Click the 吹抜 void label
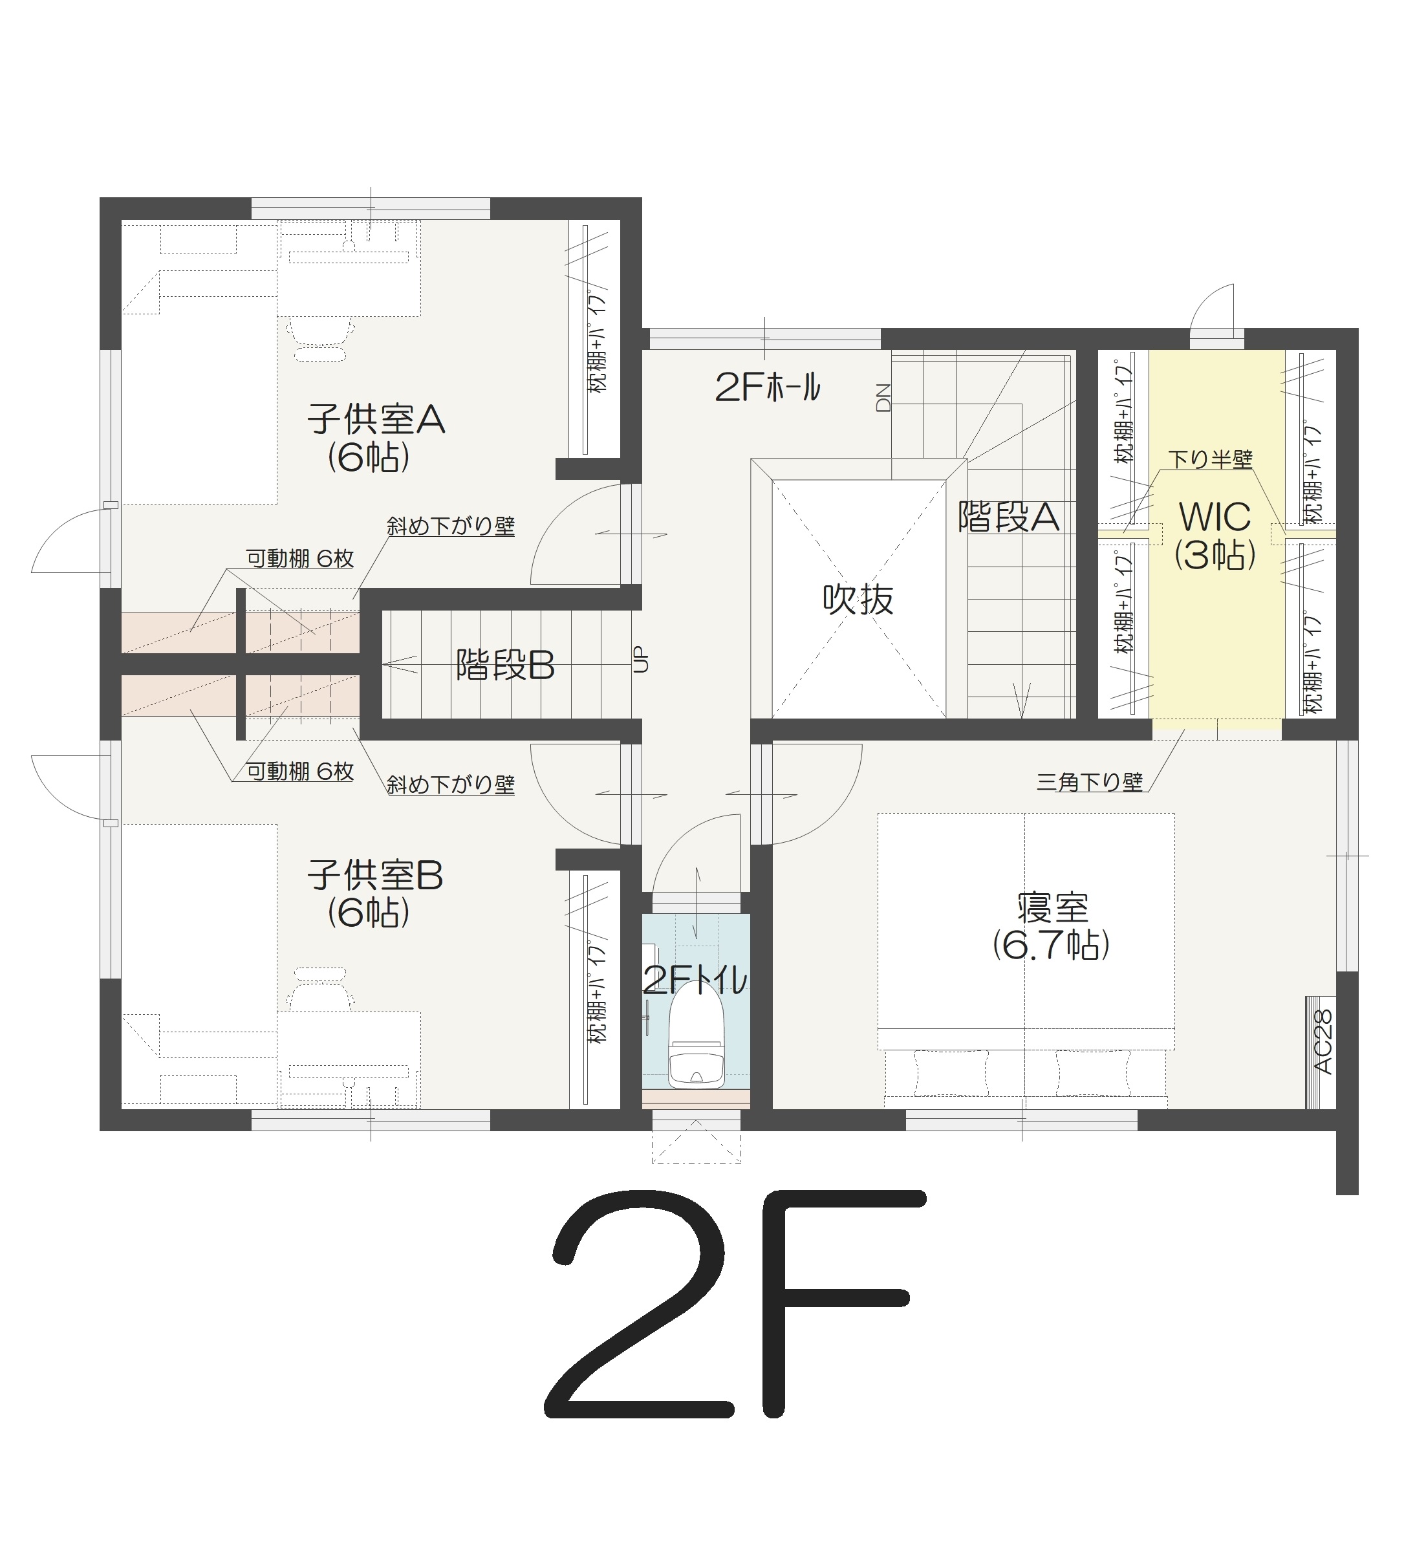858,599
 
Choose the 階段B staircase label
506,664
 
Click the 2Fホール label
768,387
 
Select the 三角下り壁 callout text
1090,783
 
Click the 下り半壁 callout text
1210,459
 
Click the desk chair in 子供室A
321,338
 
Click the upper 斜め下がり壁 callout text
451,526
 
